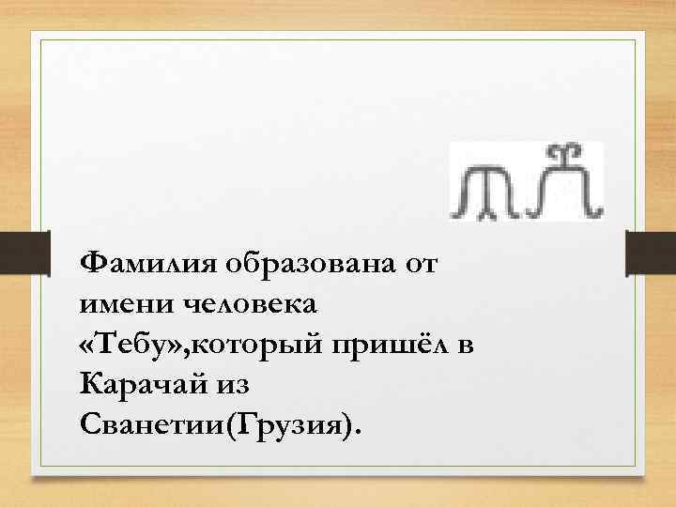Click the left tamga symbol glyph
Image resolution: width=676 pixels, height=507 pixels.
pyautogui.click(x=480, y=192)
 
